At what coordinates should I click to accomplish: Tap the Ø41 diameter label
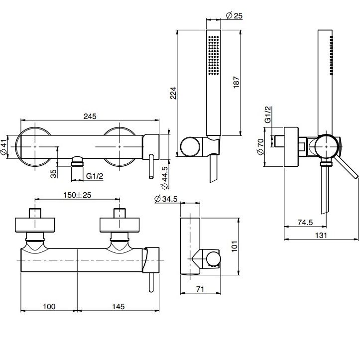[5, 147]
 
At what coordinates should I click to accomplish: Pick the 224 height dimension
[173, 93]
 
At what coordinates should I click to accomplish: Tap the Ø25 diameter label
[234, 15]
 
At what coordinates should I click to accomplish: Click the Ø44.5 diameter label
[165, 177]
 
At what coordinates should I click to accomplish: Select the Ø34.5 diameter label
[166, 200]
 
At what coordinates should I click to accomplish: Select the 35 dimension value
[53, 173]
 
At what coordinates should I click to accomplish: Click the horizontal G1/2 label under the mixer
[95, 176]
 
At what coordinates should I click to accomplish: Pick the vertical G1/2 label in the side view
[267, 115]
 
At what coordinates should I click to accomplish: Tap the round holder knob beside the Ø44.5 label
[189, 146]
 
